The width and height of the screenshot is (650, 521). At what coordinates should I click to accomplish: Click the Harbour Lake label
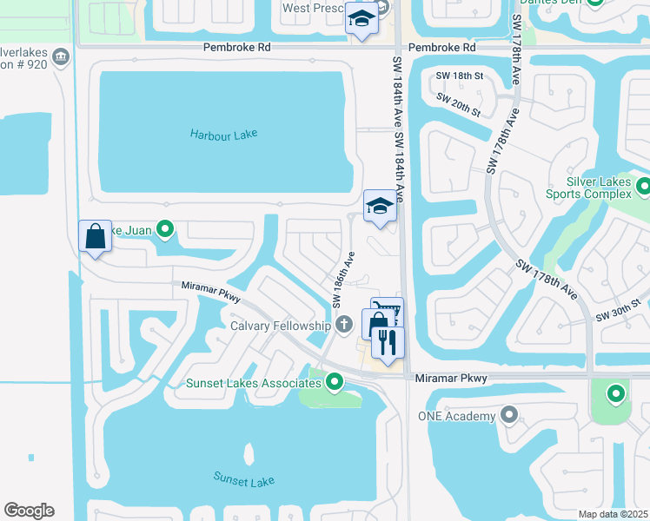click(x=224, y=134)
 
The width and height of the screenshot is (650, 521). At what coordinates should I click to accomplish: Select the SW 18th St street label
click(x=459, y=76)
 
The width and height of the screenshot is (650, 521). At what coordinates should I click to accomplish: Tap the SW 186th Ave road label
click(x=342, y=280)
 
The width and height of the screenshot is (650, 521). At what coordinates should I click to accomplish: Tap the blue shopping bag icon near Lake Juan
click(x=95, y=236)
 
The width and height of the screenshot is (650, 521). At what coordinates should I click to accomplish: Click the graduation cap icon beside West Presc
click(x=361, y=18)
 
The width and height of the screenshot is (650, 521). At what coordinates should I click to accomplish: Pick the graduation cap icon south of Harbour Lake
click(x=379, y=207)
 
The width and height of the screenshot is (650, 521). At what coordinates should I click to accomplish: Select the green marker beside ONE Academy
click(x=508, y=416)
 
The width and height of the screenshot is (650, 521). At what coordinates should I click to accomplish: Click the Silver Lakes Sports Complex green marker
click(x=643, y=187)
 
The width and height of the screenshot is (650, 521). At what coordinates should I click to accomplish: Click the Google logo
click(x=29, y=511)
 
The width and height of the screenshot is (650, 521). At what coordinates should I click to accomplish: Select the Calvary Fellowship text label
click(x=280, y=326)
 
